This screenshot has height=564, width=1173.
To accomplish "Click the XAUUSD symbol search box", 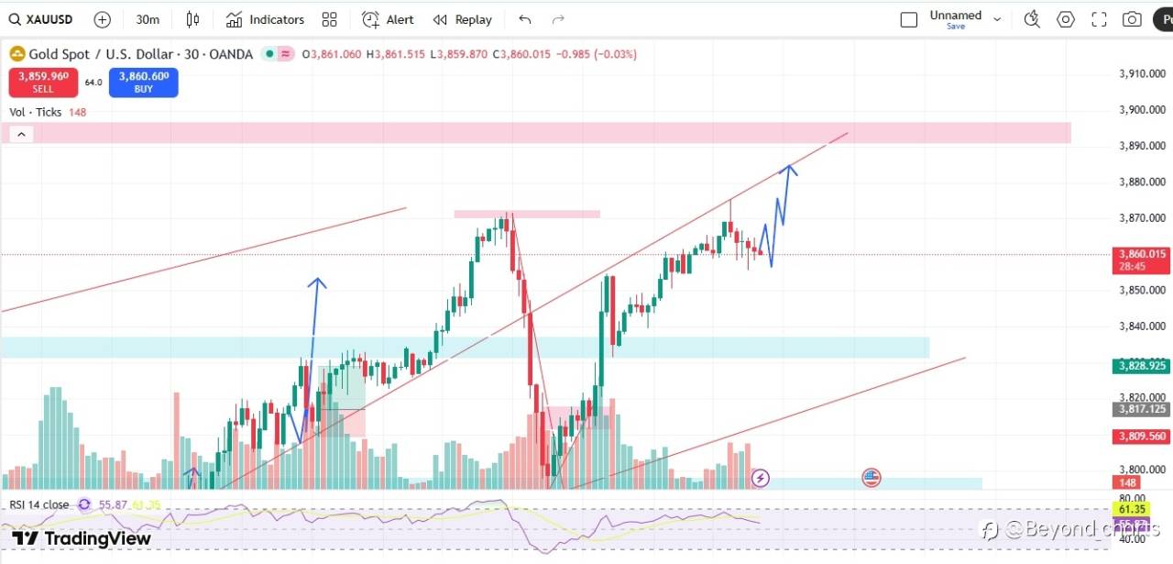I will [46, 19].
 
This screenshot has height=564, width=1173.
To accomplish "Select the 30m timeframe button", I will [147, 19].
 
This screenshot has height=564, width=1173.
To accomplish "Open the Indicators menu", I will [265, 19].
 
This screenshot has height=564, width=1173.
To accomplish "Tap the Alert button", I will [388, 19].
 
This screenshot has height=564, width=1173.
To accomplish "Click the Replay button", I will [463, 19].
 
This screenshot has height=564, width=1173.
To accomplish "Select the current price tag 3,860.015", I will [1142, 254].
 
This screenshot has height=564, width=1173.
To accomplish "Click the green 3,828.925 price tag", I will [1141, 366].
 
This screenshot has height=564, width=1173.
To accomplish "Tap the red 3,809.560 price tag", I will [1141, 437].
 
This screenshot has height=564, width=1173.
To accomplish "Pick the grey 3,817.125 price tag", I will [1141, 409].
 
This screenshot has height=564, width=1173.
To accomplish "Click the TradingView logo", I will [82, 538].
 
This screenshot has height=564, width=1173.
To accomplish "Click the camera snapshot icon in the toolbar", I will [1132, 19].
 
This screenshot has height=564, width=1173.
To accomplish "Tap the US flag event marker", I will [871, 477].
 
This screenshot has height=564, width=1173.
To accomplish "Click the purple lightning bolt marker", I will [761, 478].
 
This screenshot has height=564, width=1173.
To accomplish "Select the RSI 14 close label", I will [39, 504].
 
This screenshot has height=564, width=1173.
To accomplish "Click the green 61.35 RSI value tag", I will [1132, 509].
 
